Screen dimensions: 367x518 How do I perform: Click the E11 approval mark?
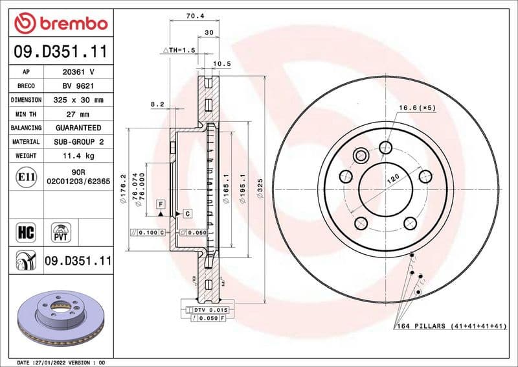tap(27, 176)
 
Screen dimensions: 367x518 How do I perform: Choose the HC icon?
tap(27, 231)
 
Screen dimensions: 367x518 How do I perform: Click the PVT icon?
tap(62, 231)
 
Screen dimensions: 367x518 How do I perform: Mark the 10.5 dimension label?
tap(222, 64)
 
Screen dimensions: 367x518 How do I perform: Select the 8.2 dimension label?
tap(157, 104)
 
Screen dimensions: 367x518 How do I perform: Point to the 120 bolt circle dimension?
tap(392, 180)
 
